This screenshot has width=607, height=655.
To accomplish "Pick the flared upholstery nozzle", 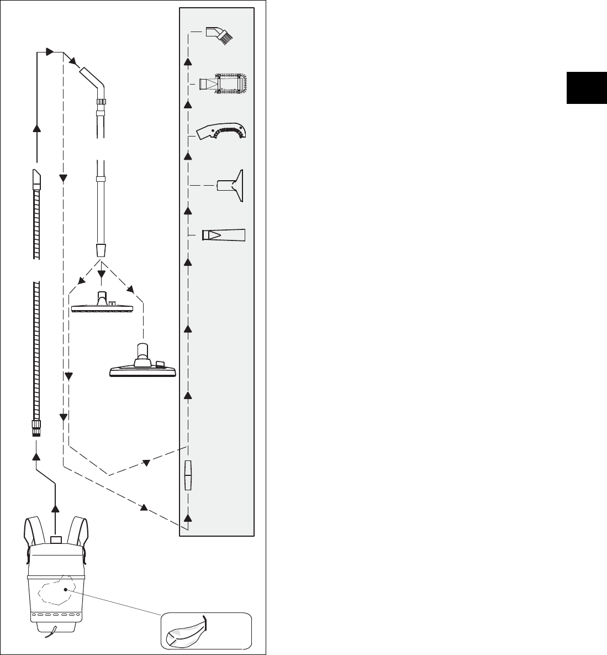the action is (x=231, y=185).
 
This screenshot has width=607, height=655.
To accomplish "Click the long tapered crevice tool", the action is (x=223, y=234).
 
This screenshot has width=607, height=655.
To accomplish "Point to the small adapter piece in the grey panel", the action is (x=188, y=475).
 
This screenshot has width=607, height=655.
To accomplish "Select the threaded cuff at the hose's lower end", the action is (x=36, y=428).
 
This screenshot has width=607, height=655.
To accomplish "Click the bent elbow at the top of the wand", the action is (x=92, y=80).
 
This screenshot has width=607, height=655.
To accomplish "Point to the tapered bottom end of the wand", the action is (x=101, y=249).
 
